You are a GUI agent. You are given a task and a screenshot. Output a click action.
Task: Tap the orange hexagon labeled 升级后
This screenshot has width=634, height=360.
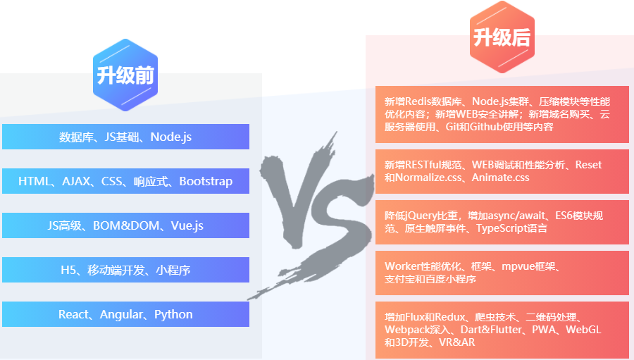coord(502,37)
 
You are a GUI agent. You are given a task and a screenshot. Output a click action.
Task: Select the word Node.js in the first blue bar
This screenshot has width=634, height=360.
coord(170,137)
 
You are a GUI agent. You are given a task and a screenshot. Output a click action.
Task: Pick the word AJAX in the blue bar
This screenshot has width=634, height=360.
coord(77,181)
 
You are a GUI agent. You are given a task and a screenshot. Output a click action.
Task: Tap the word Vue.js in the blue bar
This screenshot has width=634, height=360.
coord(187,225)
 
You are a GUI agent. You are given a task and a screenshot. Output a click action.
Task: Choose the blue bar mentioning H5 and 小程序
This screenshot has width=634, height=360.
coord(125,270)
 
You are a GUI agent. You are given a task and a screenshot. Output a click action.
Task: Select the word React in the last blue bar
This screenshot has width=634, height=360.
coord(73,314)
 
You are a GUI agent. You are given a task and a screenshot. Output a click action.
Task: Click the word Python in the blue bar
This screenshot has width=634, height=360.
coord(173,314)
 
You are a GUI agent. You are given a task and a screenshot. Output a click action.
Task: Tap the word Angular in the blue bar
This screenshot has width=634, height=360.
coord(121,314)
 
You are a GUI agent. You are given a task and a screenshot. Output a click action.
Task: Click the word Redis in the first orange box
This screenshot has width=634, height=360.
coord(418,101)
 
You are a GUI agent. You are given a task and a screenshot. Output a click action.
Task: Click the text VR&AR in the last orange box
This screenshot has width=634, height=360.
coord(456,342)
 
